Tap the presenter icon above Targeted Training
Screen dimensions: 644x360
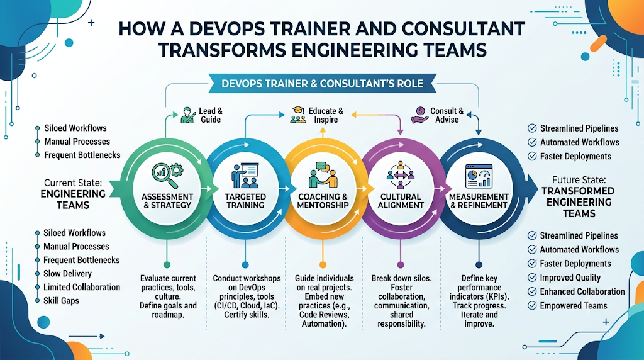click(x=245, y=176)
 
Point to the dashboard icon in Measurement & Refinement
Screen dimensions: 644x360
click(x=479, y=176)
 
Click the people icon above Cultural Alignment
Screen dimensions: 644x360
click(x=401, y=176)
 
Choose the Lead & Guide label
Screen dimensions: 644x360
click(x=211, y=115)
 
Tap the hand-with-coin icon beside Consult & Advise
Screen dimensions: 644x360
click(x=419, y=115)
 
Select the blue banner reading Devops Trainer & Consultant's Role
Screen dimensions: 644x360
click(x=323, y=84)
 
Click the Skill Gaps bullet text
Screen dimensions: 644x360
click(x=61, y=300)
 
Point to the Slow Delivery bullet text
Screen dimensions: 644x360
click(x=67, y=273)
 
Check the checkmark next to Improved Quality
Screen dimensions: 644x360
click(x=532, y=278)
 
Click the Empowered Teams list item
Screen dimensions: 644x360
click(x=574, y=305)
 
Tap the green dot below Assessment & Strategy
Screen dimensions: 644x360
click(x=167, y=265)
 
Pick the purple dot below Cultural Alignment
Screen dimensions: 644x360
click(x=401, y=265)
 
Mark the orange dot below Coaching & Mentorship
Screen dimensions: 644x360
click(x=323, y=265)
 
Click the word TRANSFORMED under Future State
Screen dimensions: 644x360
click(x=579, y=191)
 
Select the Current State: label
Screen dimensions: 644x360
click(x=73, y=183)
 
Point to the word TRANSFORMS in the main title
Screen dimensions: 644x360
click(x=222, y=50)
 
